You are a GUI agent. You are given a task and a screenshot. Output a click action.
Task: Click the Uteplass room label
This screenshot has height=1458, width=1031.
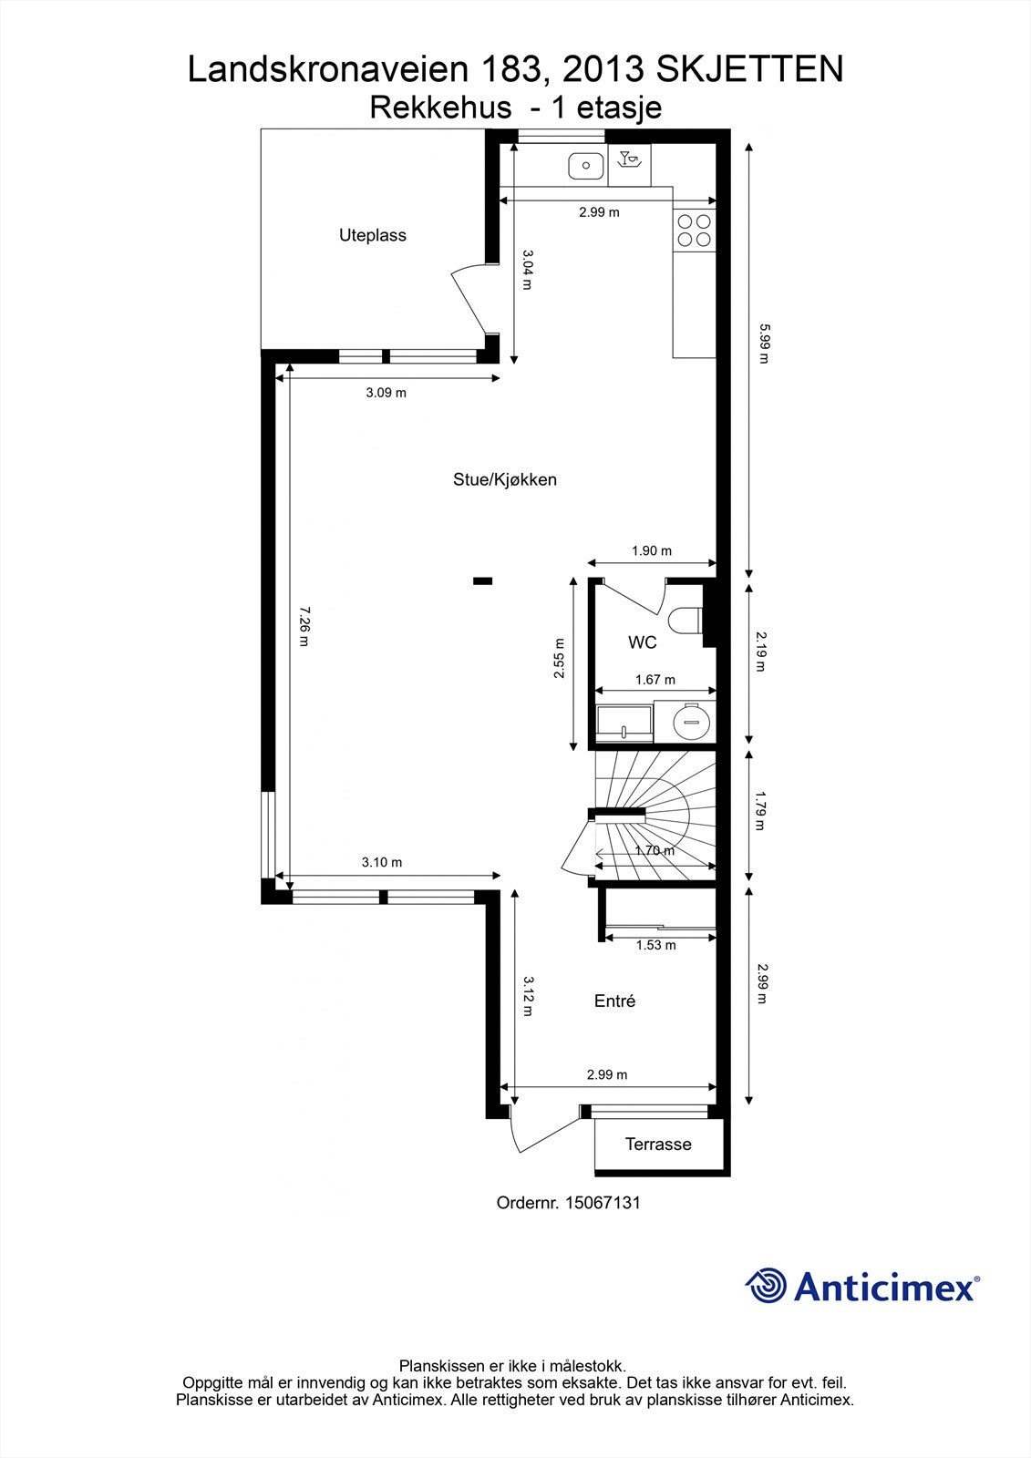[372, 235]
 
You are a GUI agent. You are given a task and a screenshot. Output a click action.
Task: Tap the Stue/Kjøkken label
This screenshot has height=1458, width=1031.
[504, 479]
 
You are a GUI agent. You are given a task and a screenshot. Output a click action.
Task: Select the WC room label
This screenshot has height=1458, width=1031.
[642, 642]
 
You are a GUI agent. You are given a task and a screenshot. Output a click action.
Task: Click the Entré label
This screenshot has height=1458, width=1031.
[614, 1001]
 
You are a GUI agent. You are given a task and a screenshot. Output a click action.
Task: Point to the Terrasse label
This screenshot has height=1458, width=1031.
[657, 1145]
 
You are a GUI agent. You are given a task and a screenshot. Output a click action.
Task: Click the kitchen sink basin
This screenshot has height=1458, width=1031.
[585, 167]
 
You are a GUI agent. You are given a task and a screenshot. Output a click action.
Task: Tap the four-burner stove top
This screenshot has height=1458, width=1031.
[693, 230]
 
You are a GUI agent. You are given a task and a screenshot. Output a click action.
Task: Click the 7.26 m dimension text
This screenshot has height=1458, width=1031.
[304, 626]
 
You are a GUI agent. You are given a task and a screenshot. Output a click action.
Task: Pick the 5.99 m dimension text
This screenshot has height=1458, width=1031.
[764, 344]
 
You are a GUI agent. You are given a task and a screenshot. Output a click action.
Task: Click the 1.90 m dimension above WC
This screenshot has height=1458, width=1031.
[651, 550]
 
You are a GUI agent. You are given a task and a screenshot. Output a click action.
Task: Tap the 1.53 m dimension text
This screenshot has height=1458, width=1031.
[655, 945]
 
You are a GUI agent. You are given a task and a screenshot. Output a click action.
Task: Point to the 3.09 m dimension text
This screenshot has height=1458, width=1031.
[386, 393]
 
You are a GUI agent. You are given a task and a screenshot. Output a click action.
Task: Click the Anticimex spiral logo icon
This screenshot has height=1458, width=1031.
[766, 1286]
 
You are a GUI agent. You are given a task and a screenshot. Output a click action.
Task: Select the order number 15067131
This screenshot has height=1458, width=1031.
[603, 1202]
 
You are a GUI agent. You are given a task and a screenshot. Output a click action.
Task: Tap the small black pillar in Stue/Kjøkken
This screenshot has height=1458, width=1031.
[482, 580]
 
